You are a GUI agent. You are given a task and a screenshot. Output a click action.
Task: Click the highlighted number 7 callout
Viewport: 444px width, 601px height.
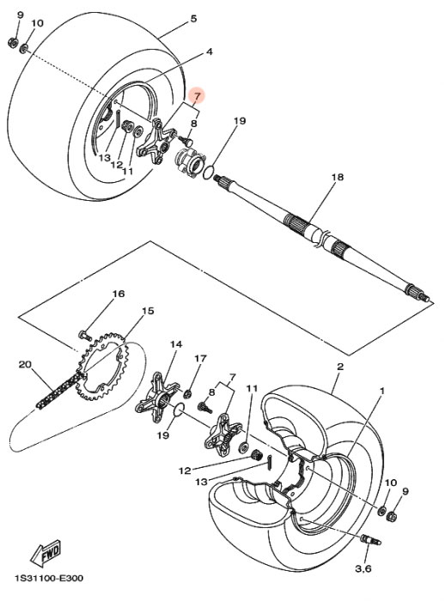(x=197, y=96)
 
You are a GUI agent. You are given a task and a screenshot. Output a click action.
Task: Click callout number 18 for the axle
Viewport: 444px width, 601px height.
(x=338, y=177)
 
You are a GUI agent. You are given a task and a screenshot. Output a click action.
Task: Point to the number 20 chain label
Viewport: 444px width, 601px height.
(x=25, y=365)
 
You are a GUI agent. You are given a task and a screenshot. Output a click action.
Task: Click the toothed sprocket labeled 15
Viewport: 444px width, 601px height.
(x=103, y=367)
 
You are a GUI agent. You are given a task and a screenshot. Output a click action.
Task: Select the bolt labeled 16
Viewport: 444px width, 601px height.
(x=85, y=336)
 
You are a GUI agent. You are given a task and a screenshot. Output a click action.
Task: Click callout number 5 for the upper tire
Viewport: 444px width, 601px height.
(x=193, y=18)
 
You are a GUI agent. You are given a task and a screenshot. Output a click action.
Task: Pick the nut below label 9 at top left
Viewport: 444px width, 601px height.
(x=12, y=42)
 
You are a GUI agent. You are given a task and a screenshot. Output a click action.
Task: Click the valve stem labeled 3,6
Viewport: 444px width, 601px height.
(x=370, y=540)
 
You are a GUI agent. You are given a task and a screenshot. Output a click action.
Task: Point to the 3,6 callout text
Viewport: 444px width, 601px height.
(x=362, y=568)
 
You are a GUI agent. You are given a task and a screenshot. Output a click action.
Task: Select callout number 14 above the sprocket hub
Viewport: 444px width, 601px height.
(x=176, y=344)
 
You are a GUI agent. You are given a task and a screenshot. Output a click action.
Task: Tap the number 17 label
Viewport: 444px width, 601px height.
(x=200, y=358)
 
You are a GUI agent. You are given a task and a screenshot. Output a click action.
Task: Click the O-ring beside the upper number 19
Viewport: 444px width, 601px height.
(x=208, y=172)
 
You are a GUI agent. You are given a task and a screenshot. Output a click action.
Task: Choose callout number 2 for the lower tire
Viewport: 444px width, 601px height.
(x=340, y=366)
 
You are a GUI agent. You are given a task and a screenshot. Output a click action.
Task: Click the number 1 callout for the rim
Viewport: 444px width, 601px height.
(x=382, y=391)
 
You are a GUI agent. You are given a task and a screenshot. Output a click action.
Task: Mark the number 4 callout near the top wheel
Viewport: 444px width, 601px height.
(x=209, y=52)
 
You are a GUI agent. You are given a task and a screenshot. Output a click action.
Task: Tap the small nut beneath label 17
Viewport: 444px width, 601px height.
(x=188, y=393)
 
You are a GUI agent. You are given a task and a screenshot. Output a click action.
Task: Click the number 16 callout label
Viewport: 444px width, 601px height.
(x=119, y=294)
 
